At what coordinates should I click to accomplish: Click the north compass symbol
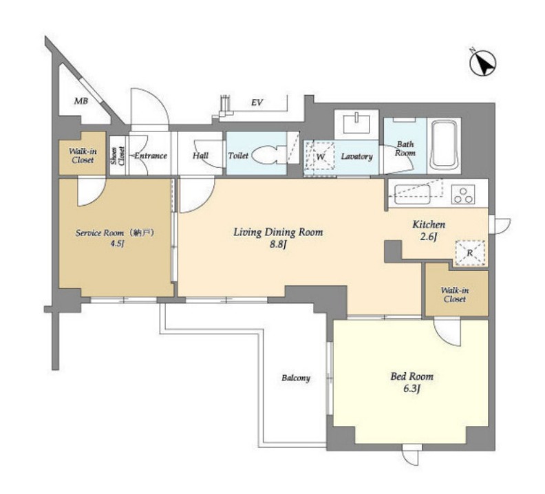pos(483,63)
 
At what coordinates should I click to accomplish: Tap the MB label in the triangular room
pos(81,101)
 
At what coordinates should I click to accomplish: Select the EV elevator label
pos(257,103)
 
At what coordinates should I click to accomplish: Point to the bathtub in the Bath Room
pos(445,145)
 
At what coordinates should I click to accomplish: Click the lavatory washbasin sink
pos(356,124)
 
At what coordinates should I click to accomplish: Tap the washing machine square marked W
pos(319,156)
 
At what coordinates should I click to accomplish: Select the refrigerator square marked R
pos(469,253)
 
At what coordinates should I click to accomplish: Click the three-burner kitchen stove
pos(463,194)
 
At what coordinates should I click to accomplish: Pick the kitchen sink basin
pos(412,194)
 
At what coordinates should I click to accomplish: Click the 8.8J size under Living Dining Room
pos(279,244)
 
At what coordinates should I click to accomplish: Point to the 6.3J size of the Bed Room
pos(412,388)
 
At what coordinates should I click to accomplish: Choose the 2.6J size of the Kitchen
pos(428,237)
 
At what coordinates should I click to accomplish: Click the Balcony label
pos(296,378)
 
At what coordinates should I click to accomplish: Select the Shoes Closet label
pos(118,156)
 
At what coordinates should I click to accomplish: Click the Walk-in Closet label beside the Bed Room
pos(455,294)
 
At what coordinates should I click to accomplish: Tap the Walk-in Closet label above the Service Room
pos(83,155)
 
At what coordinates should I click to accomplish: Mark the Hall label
pos(200,155)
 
